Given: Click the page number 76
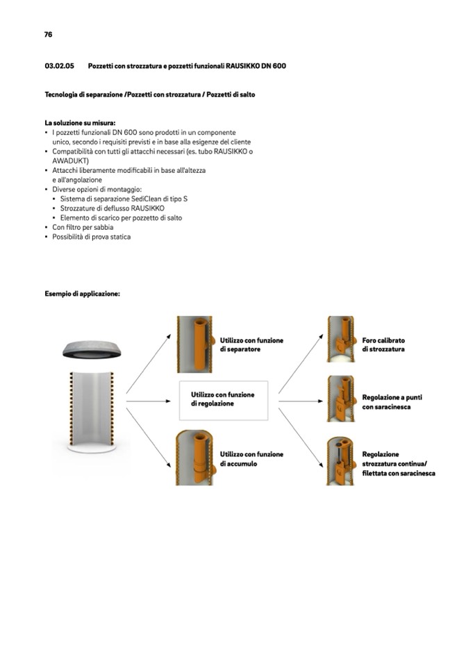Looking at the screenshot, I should click(48, 34).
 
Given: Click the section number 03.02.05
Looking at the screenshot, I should click(60, 66).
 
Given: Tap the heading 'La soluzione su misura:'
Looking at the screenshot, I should click(80, 123).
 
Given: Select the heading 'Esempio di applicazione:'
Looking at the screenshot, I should click(83, 294).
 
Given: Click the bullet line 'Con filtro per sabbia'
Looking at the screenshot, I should click(83, 227).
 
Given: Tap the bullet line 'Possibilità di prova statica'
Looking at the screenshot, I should click(91, 237).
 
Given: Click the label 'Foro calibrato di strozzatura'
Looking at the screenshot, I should click(383, 345).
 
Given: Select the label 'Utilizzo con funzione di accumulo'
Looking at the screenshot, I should click(251, 458).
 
